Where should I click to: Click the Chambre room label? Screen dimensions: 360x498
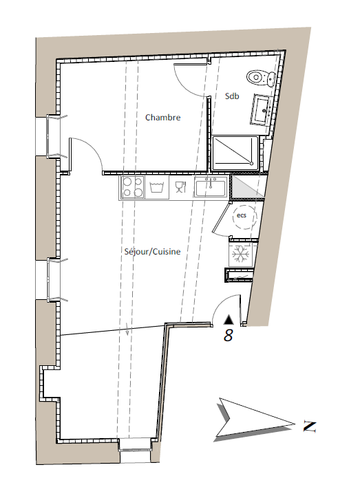pyautogui.click(x=162, y=118)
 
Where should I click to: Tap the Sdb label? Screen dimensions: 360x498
pyautogui.click(x=232, y=96)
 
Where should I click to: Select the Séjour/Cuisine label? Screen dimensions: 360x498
pyautogui.click(x=152, y=252)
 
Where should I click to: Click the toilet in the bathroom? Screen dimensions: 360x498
pyautogui.click(x=261, y=78)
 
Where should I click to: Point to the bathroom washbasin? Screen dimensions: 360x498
pyautogui.click(x=262, y=109)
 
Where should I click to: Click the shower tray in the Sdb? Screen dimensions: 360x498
pyautogui.click(x=235, y=153)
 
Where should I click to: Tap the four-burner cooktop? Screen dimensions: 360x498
pyautogui.click(x=132, y=187)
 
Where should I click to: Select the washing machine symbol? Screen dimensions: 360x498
pyautogui.click(x=156, y=187)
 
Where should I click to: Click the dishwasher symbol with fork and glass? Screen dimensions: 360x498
pyautogui.click(x=180, y=187)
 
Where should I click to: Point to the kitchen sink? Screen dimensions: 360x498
pyautogui.click(x=211, y=187)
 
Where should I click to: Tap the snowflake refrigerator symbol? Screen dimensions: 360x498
pyautogui.click(x=240, y=255)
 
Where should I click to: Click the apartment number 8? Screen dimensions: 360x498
pyautogui.click(x=228, y=335)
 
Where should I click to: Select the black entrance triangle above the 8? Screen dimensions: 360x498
pyautogui.click(x=228, y=320)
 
